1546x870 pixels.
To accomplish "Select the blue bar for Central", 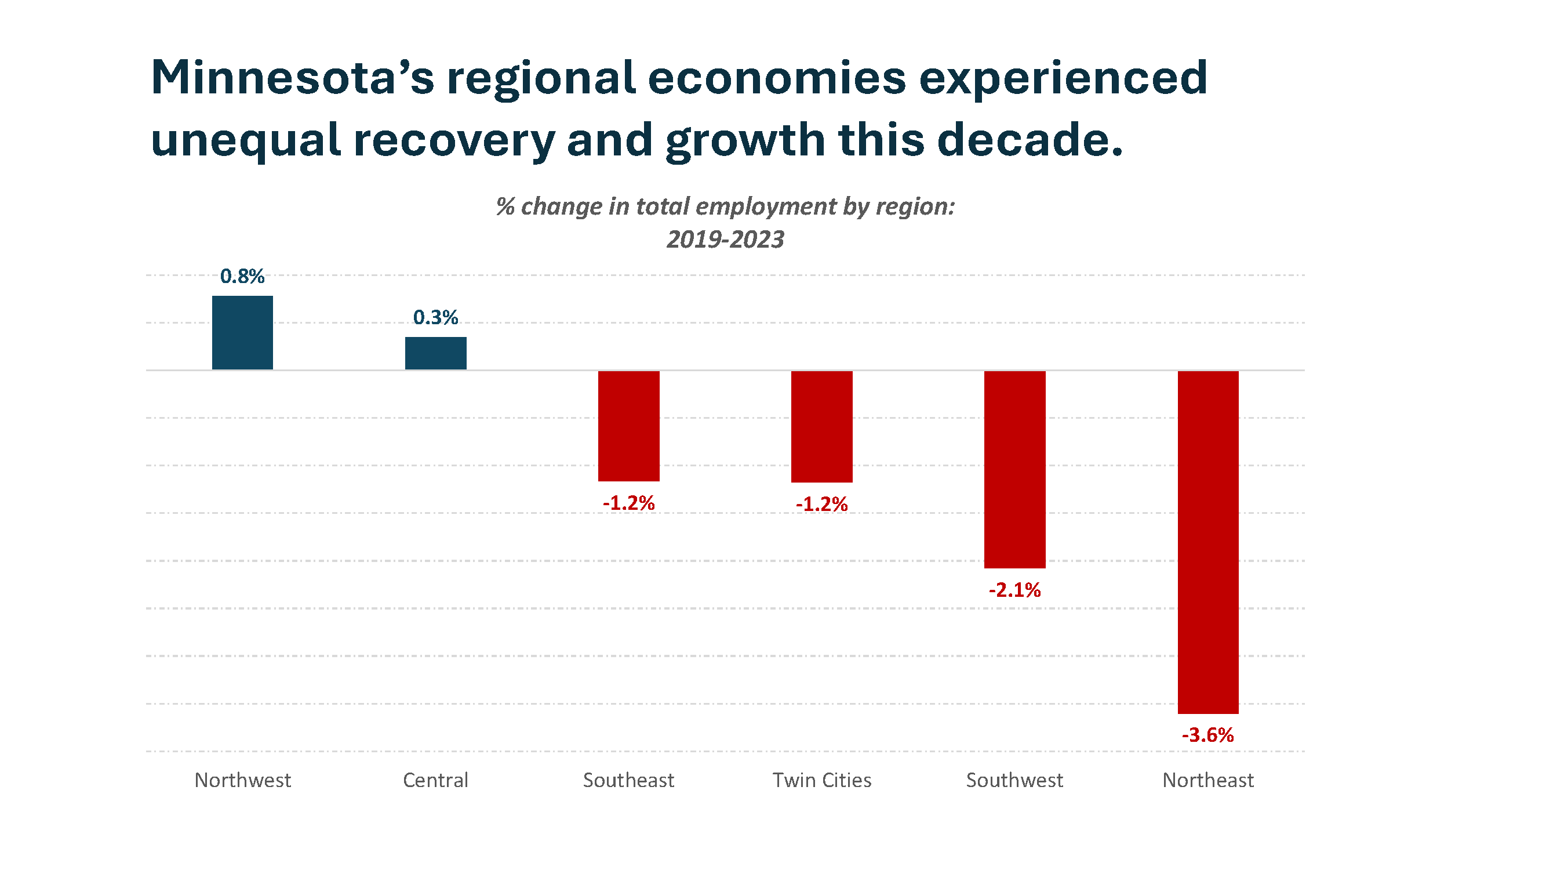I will (x=436, y=353).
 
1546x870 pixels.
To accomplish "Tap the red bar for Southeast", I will (x=628, y=426).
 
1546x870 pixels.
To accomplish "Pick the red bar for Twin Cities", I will (x=821, y=426).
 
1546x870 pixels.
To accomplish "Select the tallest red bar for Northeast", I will (x=1207, y=542).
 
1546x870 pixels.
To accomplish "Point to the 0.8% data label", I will (x=242, y=276).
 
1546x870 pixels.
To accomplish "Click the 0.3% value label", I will (x=436, y=317).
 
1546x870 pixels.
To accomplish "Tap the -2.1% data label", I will (x=1014, y=590).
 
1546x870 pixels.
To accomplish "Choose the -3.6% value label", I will (x=1207, y=735).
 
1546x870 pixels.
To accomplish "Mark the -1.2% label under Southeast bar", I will (x=628, y=503).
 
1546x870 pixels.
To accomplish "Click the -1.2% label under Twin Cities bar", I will (x=821, y=505).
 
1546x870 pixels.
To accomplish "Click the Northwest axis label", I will (x=242, y=780).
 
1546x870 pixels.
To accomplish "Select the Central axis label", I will (x=436, y=780).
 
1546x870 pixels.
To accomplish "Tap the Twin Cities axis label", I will (x=821, y=780).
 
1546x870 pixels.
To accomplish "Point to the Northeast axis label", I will (x=1207, y=780).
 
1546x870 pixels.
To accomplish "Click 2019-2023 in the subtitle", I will (x=725, y=240).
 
